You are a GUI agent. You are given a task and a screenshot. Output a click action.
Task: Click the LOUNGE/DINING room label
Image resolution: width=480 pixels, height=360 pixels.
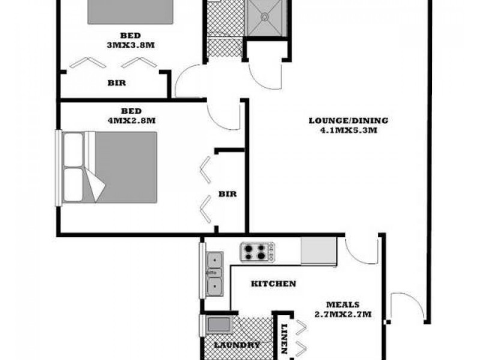coord(348,120)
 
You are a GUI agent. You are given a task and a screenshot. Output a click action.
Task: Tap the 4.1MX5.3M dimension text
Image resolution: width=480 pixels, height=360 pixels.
coord(348,129)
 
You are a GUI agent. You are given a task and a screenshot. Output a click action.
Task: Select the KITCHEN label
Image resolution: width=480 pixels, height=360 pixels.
coord(273,284)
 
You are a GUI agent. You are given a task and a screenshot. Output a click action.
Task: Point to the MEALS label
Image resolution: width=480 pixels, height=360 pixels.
coord(343,304)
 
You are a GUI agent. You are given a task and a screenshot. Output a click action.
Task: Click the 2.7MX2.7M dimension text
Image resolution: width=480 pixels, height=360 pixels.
coord(343,314)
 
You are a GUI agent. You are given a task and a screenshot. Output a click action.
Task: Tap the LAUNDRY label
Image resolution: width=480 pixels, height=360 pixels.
coord(237,345)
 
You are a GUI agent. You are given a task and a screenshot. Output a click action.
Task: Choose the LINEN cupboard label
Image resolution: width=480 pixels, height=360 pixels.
coord(285,339)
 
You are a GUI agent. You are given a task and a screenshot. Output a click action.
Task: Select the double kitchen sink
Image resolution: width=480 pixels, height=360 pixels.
coord(214,273)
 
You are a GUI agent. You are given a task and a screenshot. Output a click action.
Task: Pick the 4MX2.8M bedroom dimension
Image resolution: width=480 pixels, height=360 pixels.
coord(131,120)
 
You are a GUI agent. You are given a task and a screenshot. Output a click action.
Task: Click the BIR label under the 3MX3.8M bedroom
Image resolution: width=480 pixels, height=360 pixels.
coord(117,83)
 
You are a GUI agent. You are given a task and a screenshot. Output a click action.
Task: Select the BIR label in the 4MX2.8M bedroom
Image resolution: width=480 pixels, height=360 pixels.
coord(227,194)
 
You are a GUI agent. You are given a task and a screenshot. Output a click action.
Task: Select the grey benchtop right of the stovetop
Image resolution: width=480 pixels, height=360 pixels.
coord(319,251)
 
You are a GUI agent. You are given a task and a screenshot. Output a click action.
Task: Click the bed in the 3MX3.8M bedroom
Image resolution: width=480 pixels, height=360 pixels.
coord(131,12)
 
